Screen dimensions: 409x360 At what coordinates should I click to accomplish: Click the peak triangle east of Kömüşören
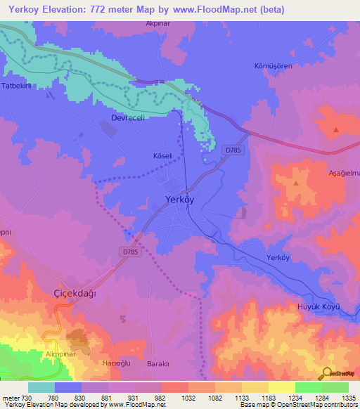point(336,130)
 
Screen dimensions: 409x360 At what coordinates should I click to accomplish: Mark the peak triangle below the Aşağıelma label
point(296,183)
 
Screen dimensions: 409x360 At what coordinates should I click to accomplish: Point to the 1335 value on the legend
point(349,398)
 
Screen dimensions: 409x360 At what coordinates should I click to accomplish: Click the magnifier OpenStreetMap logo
point(328,374)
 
